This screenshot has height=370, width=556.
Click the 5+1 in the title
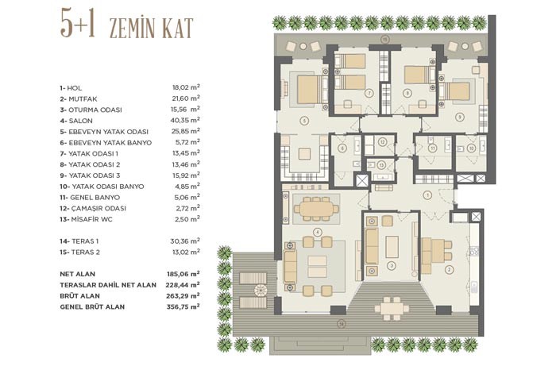79,25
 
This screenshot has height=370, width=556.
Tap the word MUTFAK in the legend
83,99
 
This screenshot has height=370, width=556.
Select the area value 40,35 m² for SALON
185,120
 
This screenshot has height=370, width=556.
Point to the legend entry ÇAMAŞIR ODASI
98,208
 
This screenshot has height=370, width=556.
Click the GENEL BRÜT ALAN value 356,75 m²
183,306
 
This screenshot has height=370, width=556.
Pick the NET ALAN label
78,274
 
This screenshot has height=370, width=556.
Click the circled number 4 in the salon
318,232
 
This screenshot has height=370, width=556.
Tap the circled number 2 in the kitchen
450,270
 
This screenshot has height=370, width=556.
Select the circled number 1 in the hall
428,195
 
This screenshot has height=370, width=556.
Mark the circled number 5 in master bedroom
304,121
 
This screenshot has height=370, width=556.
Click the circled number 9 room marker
460,117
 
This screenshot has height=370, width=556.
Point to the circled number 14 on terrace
341,323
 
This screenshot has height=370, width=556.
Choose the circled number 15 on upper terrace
385,40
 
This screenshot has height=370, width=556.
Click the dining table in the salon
316,209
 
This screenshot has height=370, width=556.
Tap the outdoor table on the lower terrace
392,308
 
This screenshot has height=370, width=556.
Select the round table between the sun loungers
261,291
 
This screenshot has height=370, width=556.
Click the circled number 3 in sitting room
391,265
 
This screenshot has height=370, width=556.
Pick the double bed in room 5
310,90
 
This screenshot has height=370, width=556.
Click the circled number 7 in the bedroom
369,93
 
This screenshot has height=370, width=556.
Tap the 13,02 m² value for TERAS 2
185,252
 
